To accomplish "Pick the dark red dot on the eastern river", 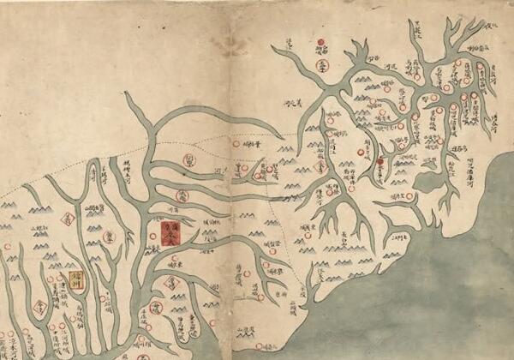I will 379,161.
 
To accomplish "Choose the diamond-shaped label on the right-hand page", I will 324,169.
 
